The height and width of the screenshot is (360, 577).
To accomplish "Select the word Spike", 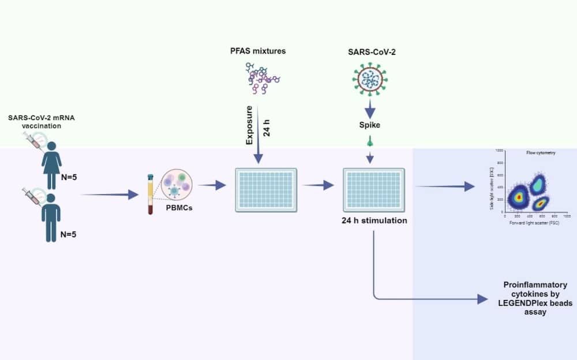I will pos(369,125).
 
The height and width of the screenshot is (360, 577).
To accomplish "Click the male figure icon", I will pos(51,216).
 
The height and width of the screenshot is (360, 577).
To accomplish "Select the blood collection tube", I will pos(151,194).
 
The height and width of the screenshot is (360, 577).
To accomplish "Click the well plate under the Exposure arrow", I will pos(266,190).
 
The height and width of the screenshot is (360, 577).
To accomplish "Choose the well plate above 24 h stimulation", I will pos(373,190).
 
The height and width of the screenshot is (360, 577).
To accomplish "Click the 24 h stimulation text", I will pos(373,220).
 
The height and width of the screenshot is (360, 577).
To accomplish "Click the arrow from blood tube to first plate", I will pos(212,185).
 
